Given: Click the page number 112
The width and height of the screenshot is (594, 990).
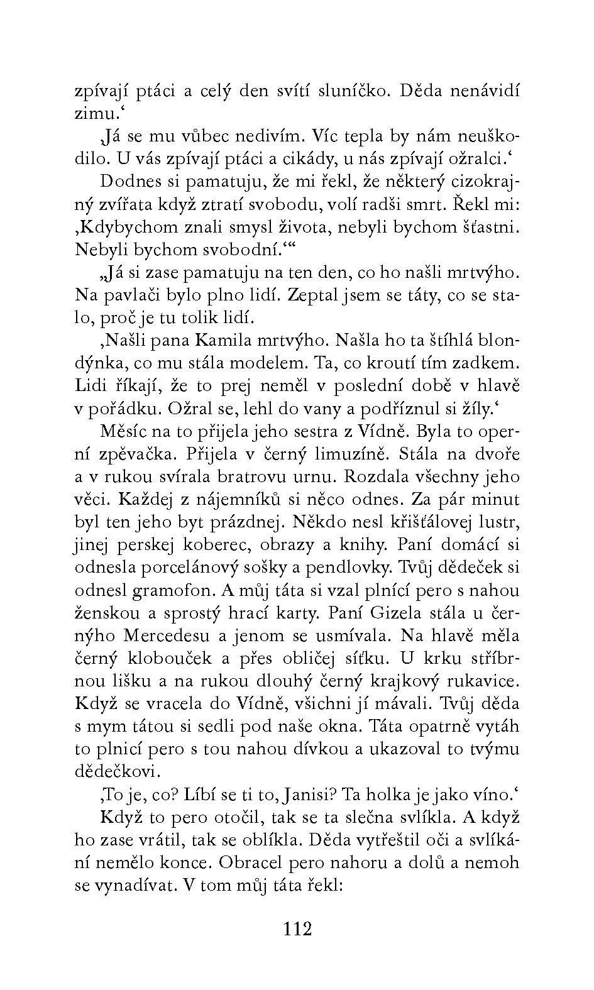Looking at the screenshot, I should tap(297, 928).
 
